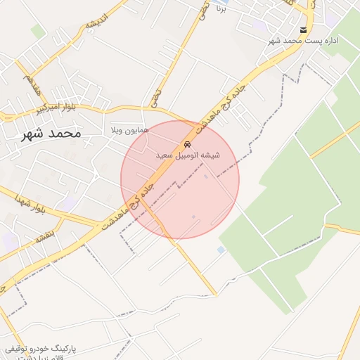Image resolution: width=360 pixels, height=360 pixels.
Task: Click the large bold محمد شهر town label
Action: pos(51,133)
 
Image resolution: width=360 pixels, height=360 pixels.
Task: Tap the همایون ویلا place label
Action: pos(127,131)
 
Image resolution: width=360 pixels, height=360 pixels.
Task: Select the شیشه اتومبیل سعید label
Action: pos(191,155)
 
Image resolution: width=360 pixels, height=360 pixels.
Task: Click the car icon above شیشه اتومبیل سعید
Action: pos(186,144)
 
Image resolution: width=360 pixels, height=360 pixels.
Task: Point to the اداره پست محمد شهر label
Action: pos(303,41)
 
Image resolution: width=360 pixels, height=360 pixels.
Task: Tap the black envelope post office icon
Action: pos(303,30)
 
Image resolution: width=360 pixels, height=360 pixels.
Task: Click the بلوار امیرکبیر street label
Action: pos(56,109)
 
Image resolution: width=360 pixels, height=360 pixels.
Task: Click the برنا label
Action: pos(221,9)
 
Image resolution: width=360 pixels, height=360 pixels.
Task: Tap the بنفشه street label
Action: pos(45,237)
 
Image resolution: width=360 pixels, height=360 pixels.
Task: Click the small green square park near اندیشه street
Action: pos(37,32)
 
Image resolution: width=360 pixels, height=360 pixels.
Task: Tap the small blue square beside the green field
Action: pos(221,250)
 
